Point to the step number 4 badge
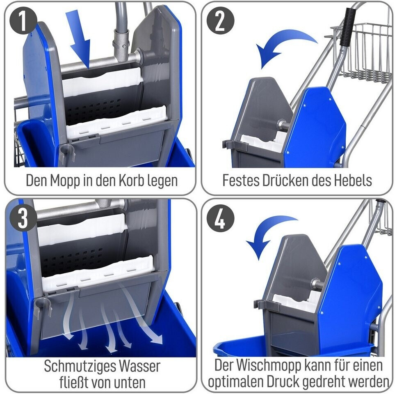(220, 218)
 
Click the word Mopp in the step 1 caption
(65, 181)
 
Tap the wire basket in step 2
(362, 52)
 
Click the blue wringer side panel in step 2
(317, 127)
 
